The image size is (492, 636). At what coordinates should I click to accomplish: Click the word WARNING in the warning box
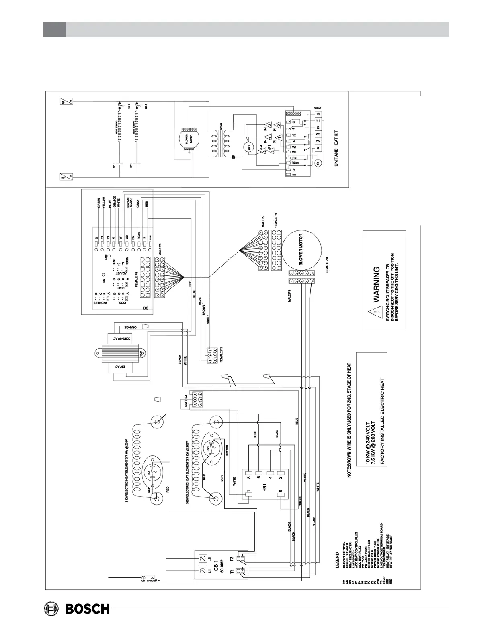(376, 285)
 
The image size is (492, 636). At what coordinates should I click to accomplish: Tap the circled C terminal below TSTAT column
(318, 163)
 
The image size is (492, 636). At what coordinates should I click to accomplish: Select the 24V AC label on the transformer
(118, 367)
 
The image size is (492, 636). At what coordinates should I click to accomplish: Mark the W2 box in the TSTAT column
(318, 141)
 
